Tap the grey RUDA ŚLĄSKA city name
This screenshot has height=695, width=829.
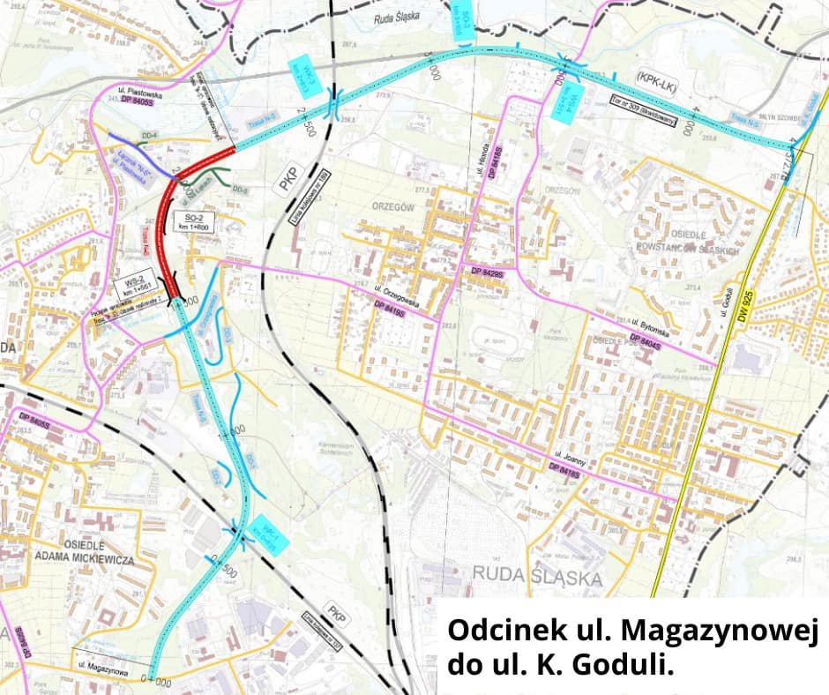[x=537, y=578]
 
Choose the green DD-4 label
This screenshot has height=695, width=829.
[x=149, y=135]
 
